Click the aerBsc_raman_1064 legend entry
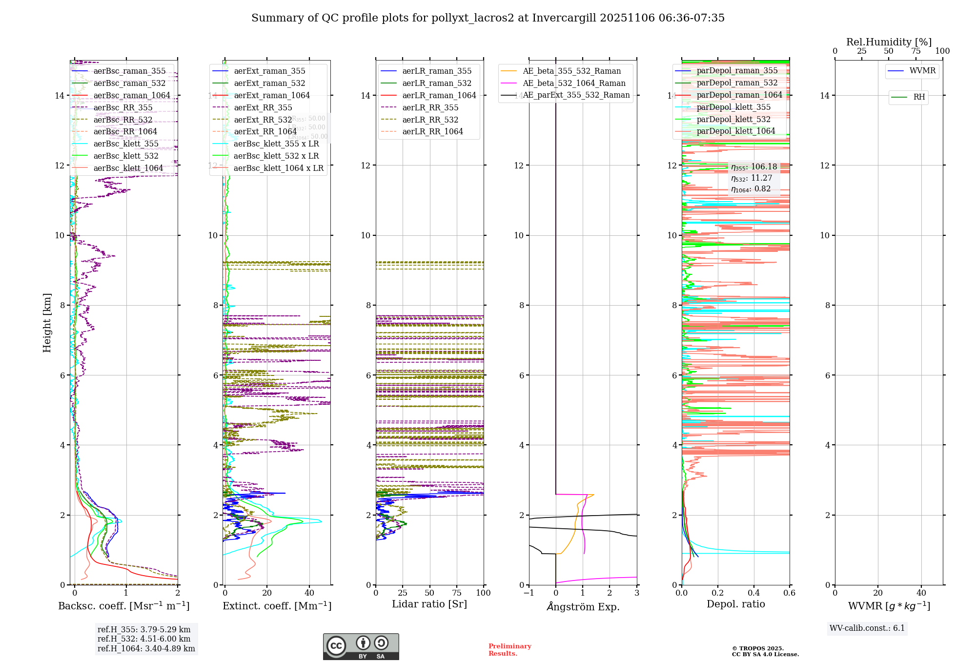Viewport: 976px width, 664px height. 132,96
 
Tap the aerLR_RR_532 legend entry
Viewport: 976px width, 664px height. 430,120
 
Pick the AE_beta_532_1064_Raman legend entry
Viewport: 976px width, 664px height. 574,83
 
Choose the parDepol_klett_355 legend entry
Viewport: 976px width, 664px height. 733,107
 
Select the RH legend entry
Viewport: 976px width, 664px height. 919,97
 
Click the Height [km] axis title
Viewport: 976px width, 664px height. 47,323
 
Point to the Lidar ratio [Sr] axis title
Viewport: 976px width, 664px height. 429,604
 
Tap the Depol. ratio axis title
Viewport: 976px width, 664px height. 735,604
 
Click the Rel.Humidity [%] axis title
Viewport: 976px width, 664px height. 889,42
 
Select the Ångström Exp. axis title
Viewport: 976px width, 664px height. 583,607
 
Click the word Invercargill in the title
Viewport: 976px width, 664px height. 564,18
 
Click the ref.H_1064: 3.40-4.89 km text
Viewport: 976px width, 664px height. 146,649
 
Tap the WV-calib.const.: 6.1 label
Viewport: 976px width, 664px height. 867,628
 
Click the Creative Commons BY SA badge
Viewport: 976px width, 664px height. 361,646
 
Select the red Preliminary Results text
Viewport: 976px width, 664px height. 509,650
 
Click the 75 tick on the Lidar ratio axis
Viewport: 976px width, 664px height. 457,593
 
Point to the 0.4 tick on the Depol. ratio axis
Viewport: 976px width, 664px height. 753,593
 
